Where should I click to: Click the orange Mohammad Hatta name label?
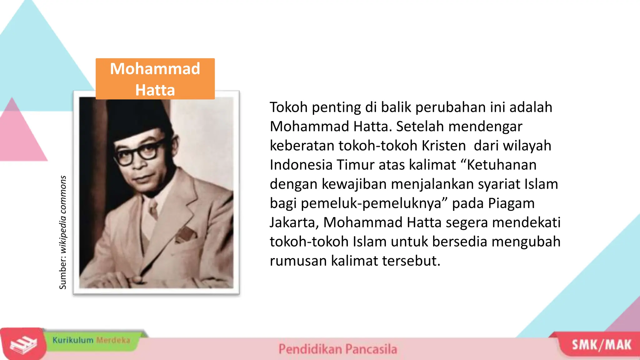[x=155, y=79]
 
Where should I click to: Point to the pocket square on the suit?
[x=186, y=234]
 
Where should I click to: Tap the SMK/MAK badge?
[x=601, y=345]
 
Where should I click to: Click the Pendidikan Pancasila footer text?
[x=337, y=349]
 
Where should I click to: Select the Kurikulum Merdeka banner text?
[x=91, y=340]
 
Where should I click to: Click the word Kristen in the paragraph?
[x=443, y=146]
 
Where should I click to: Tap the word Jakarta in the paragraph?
[x=294, y=222]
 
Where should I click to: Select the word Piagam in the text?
[x=511, y=203]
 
